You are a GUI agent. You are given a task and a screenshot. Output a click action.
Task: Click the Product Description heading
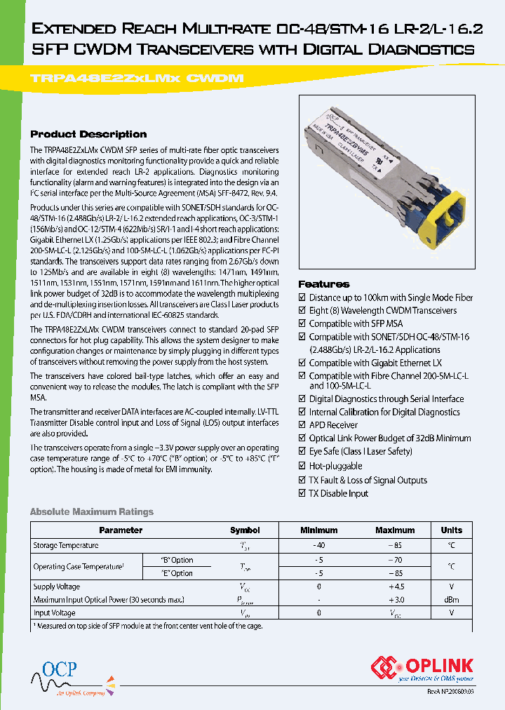88,134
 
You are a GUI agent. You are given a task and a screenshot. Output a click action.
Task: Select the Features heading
323,284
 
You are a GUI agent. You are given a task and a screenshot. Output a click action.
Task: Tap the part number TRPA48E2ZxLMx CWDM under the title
137,79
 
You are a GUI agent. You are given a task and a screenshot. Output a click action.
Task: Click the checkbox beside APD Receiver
302,425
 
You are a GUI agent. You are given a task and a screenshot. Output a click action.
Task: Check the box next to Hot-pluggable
302,466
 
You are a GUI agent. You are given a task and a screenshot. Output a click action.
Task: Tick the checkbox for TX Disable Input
302,494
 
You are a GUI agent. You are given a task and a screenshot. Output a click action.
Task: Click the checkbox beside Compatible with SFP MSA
302,324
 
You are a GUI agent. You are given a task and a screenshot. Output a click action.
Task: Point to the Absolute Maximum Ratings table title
91,512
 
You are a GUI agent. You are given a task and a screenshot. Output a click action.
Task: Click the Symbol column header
245,530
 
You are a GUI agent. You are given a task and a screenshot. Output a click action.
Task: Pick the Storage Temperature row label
66,546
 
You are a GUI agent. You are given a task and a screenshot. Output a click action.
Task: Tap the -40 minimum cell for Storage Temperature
319,546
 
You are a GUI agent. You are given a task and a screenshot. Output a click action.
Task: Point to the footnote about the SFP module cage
147,625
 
